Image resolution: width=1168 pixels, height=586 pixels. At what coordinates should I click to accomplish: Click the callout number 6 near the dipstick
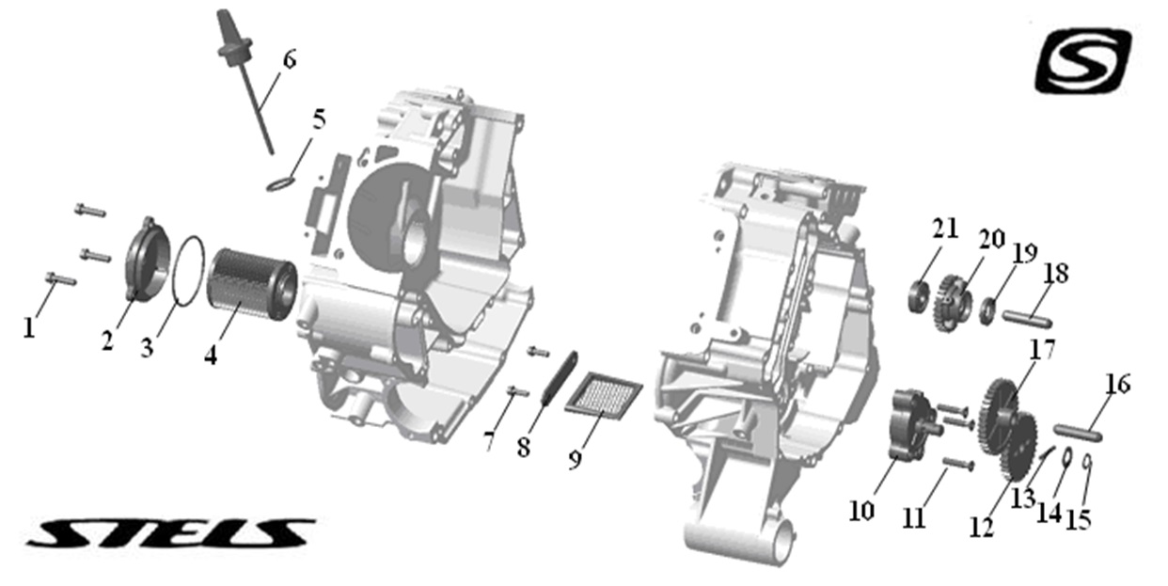[x=290, y=59]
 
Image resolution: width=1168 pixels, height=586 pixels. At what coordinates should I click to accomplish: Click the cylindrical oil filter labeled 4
[x=253, y=284]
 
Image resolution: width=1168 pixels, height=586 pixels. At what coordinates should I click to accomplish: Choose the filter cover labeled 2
[x=148, y=259]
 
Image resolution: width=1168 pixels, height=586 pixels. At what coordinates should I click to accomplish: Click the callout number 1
[x=29, y=328]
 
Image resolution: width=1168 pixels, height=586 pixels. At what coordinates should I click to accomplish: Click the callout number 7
[x=489, y=442]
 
